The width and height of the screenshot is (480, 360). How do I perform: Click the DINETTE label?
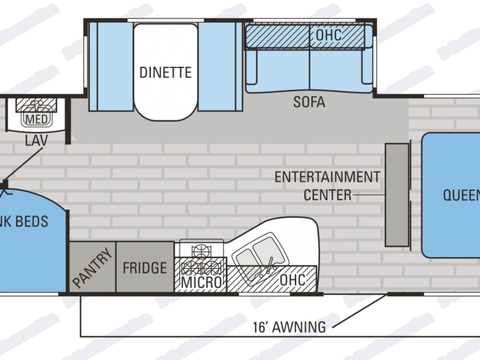[166, 72]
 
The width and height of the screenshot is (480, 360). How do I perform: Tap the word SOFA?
[309, 102]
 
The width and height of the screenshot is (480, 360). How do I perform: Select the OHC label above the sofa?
[329, 35]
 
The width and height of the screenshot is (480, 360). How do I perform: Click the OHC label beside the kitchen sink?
[292, 279]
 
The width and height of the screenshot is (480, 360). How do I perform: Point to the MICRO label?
[201, 282]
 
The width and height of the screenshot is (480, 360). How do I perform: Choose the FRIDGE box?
[145, 267]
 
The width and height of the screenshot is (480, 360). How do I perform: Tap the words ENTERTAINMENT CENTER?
[327, 186]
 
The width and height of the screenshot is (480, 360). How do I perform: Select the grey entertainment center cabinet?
[397, 194]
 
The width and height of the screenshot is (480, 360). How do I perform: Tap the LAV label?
[36, 140]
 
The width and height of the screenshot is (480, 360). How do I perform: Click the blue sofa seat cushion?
[309, 69]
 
